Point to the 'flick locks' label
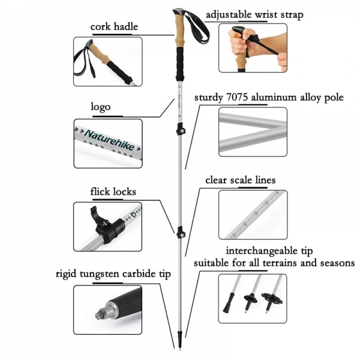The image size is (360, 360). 113,192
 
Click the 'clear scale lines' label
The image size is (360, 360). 241,179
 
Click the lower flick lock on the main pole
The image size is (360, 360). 179,232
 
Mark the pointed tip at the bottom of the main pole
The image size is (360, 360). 181,346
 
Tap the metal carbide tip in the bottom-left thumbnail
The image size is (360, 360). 101,313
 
